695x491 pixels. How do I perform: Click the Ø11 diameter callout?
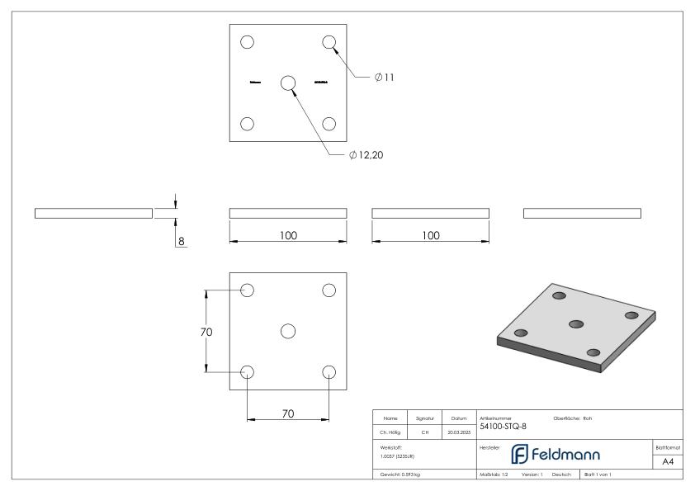click(x=384, y=78)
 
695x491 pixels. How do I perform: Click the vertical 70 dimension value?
click(x=206, y=332)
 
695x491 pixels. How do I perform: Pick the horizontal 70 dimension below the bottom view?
click(x=288, y=413)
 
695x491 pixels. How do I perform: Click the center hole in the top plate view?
click(x=288, y=83)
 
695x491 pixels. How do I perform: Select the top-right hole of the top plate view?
click(x=329, y=42)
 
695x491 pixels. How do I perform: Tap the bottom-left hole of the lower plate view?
click(x=247, y=371)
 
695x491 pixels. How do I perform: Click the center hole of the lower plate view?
click(x=288, y=331)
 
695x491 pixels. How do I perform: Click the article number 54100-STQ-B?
click(x=502, y=427)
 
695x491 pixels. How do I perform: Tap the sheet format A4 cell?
click(x=668, y=461)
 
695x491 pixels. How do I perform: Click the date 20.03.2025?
click(x=458, y=431)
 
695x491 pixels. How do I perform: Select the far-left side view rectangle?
click(x=93, y=214)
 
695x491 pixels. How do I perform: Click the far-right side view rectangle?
click(x=582, y=214)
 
